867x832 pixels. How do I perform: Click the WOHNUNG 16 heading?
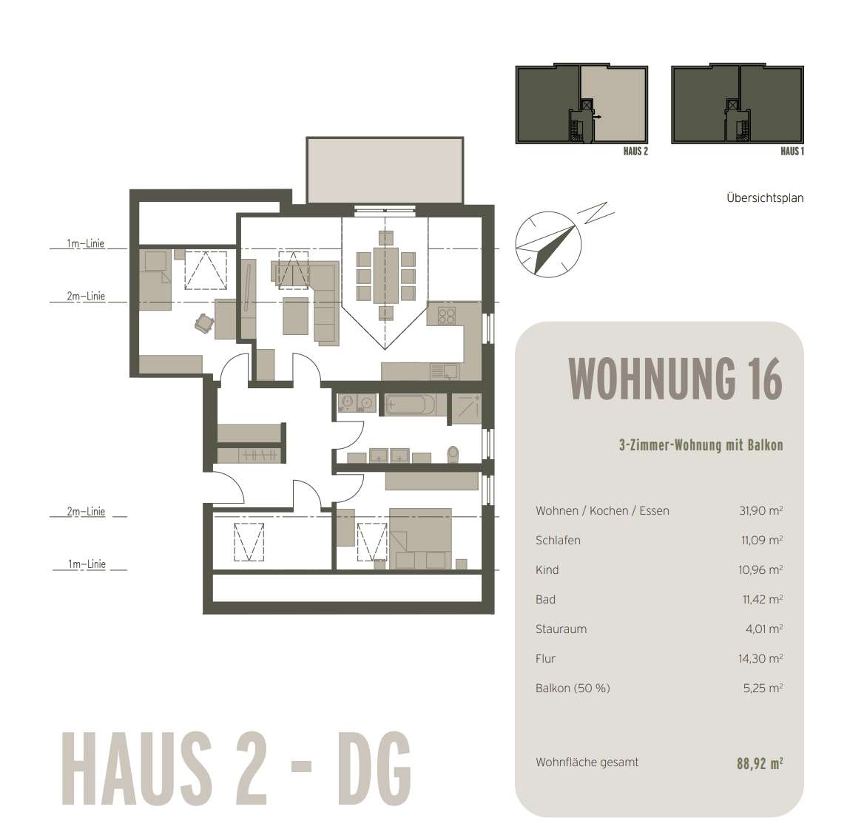click(x=675, y=379)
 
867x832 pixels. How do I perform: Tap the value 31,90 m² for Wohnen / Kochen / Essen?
click(x=760, y=511)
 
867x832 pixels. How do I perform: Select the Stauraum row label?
click(x=561, y=629)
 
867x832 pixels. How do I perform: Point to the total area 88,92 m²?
click(x=759, y=763)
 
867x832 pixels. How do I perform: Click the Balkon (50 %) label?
click(x=573, y=689)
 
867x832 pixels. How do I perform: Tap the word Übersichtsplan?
click(x=764, y=198)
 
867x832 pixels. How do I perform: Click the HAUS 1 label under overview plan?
click(x=792, y=152)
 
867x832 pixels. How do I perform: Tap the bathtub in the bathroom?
click(x=411, y=405)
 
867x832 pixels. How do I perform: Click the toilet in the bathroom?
click(x=453, y=453)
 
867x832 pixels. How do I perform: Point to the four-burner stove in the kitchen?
click(x=446, y=316)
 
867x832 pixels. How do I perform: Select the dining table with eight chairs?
click(x=386, y=276)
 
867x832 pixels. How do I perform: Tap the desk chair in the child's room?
click(x=203, y=322)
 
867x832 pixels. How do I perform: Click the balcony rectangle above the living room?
click(x=385, y=169)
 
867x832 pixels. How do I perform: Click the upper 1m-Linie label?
click(x=85, y=243)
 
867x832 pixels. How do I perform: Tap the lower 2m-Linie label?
click(x=86, y=512)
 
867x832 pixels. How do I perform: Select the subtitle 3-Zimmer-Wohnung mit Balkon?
click(x=700, y=445)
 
